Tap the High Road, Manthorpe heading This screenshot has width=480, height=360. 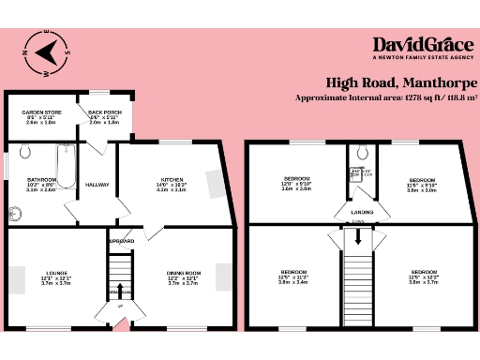[x=401, y=82]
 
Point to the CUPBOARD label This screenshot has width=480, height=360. [x=121, y=241]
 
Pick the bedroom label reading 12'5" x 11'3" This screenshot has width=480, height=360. [x=293, y=276]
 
